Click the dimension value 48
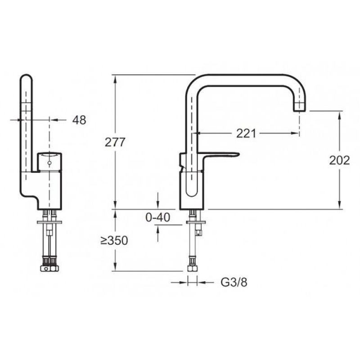click(x=79, y=120)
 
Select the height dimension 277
click(x=115, y=142)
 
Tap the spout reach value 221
click(x=246, y=133)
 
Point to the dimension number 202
click(x=339, y=160)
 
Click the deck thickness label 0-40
click(x=158, y=217)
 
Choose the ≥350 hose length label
click(x=114, y=240)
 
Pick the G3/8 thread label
click(x=234, y=283)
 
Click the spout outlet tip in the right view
click(x=300, y=111)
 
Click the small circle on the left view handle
click(x=49, y=163)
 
